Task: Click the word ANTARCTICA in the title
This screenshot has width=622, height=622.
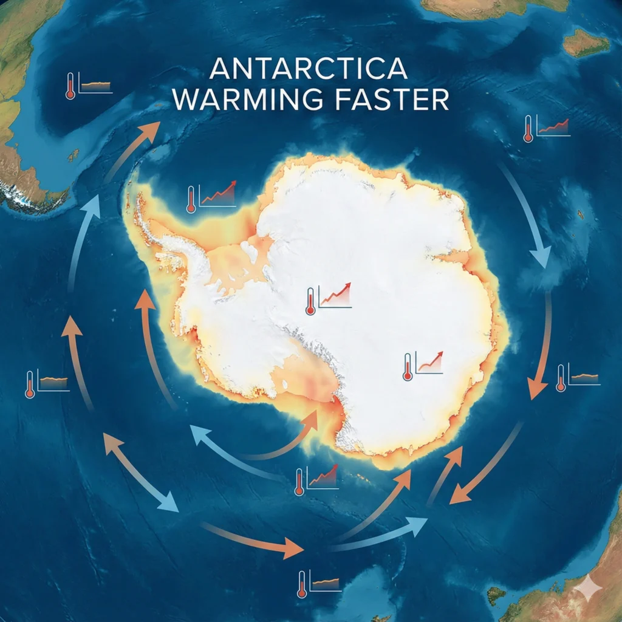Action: coord(308,69)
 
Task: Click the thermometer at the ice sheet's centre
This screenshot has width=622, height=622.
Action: coord(310,302)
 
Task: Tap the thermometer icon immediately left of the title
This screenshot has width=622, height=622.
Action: coord(70,86)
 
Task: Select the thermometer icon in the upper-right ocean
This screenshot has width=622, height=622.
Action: coord(528,129)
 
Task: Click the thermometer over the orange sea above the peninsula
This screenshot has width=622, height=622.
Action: coord(191,199)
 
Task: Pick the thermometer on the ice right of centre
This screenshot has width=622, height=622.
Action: coord(407,367)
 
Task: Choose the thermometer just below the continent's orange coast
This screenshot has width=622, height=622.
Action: coord(299,481)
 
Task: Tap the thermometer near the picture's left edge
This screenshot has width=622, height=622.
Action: coord(30,384)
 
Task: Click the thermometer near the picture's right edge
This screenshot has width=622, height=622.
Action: coord(561,378)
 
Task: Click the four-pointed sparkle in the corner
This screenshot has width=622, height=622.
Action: coord(587,587)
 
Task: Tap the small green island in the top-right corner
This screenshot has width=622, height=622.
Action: coord(586,43)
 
